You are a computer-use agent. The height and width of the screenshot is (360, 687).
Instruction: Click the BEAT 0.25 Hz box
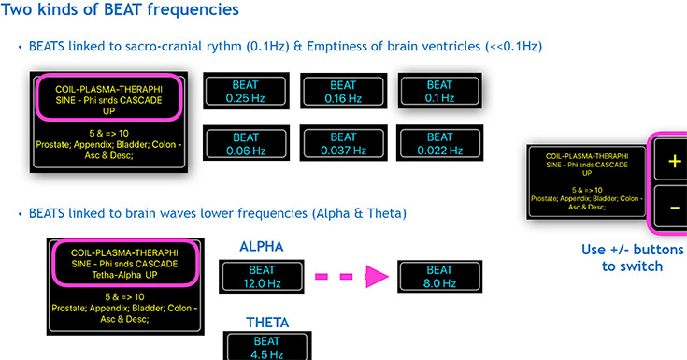(246, 91)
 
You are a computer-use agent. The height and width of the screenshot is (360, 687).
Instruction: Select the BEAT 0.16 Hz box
(344, 92)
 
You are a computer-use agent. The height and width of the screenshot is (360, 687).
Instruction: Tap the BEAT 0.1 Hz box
(440, 91)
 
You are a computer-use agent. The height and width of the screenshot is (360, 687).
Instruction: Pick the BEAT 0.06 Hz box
(246, 143)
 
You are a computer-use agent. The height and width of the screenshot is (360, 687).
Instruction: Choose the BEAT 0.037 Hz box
(344, 143)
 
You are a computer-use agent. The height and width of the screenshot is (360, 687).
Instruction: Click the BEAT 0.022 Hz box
(440, 143)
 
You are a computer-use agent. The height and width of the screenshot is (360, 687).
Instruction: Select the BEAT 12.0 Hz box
(262, 276)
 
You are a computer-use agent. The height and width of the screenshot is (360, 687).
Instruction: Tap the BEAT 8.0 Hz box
(440, 276)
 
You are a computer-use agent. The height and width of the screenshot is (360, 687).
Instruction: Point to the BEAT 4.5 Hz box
(267, 346)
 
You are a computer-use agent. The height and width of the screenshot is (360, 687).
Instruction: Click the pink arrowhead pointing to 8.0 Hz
(377, 276)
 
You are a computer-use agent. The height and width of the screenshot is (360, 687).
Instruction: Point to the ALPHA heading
(262, 247)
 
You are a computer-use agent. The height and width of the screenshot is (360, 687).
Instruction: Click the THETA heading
(267, 323)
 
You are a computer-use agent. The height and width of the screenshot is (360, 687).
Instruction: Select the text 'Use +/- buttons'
(632, 250)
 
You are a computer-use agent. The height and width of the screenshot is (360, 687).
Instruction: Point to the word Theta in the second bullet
(386, 213)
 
